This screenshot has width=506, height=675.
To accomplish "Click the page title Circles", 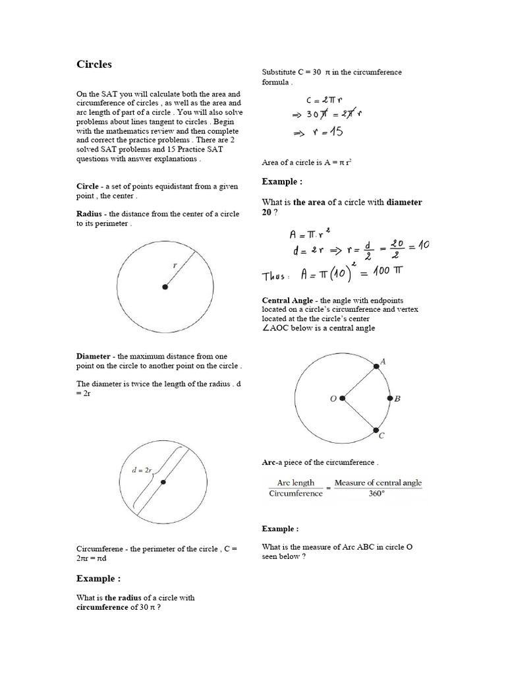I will click(94, 65).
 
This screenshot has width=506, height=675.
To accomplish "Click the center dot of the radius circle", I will click(165, 287).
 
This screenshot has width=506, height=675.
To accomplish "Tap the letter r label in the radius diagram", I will click(175, 265).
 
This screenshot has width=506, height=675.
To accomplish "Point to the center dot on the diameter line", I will click(163, 483).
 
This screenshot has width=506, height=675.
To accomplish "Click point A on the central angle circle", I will click(376, 367).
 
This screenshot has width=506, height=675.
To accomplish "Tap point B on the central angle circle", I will click(389, 399).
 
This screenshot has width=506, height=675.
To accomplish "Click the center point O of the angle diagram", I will click(341, 399).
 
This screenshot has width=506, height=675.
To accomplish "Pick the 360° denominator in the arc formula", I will click(378, 494).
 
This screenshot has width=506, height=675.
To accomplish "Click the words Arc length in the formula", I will click(296, 483).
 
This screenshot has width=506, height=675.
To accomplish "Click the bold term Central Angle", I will click(289, 301).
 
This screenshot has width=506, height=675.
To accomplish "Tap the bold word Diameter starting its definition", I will click(94, 357).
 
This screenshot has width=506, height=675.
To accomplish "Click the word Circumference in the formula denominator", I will click(296, 494).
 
